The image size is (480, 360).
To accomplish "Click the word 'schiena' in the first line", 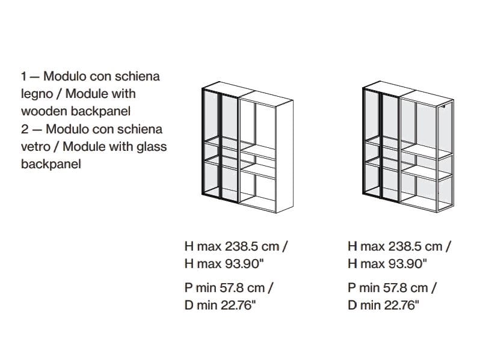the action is coord(137,76).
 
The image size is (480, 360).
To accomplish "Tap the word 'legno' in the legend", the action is coord(37,94).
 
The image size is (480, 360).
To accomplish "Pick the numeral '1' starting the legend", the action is coord(23,76).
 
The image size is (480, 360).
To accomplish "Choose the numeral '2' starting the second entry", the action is coord(25,129).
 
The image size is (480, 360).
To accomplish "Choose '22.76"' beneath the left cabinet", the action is coord(238,305).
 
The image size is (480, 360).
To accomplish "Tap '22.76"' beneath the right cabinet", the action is coord(401,305).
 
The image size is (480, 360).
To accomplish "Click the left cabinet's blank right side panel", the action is coord(285,157).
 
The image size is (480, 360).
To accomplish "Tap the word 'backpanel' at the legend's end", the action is coord(51,164).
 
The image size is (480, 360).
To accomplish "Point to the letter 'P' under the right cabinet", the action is coord(351,288).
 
